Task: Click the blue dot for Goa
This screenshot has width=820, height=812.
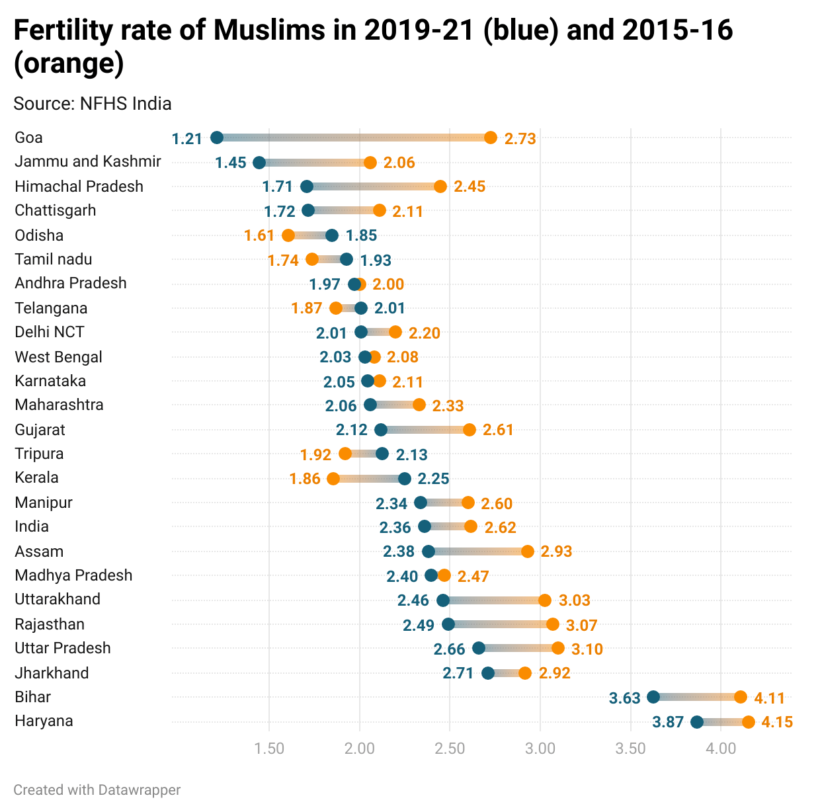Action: (x=217, y=138)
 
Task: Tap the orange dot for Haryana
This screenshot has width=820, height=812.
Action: (x=749, y=721)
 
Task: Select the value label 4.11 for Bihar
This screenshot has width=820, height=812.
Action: (x=769, y=698)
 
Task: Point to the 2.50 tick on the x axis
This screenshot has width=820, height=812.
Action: (x=450, y=749)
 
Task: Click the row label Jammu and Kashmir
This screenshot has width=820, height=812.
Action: (x=88, y=162)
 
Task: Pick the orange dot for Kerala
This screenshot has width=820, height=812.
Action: (x=333, y=479)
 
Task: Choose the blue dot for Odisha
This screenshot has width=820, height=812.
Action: (x=332, y=235)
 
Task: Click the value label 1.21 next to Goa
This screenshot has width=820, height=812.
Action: (x=186, y=139)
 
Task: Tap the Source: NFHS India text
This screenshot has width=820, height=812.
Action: (x=93, y=104)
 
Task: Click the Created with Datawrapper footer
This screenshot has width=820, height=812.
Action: (x=97, y=790)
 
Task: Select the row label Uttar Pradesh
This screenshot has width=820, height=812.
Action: (x=63, y=649)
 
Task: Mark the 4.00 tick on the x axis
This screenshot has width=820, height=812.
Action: (x=721, y=749)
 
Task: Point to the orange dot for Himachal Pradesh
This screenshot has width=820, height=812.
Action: (x=440, y=186)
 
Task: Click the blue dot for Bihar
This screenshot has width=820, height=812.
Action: (x=653, y=697)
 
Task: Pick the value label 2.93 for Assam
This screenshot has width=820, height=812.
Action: (x=556, y=551)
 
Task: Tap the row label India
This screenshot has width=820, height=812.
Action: (x=32, y=527)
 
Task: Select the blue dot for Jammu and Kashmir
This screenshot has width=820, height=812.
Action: (x=259, y=163)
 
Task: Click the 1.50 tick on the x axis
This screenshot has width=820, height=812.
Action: (x=269, y=749)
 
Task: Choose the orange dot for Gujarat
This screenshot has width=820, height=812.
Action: (x=470, y=430)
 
